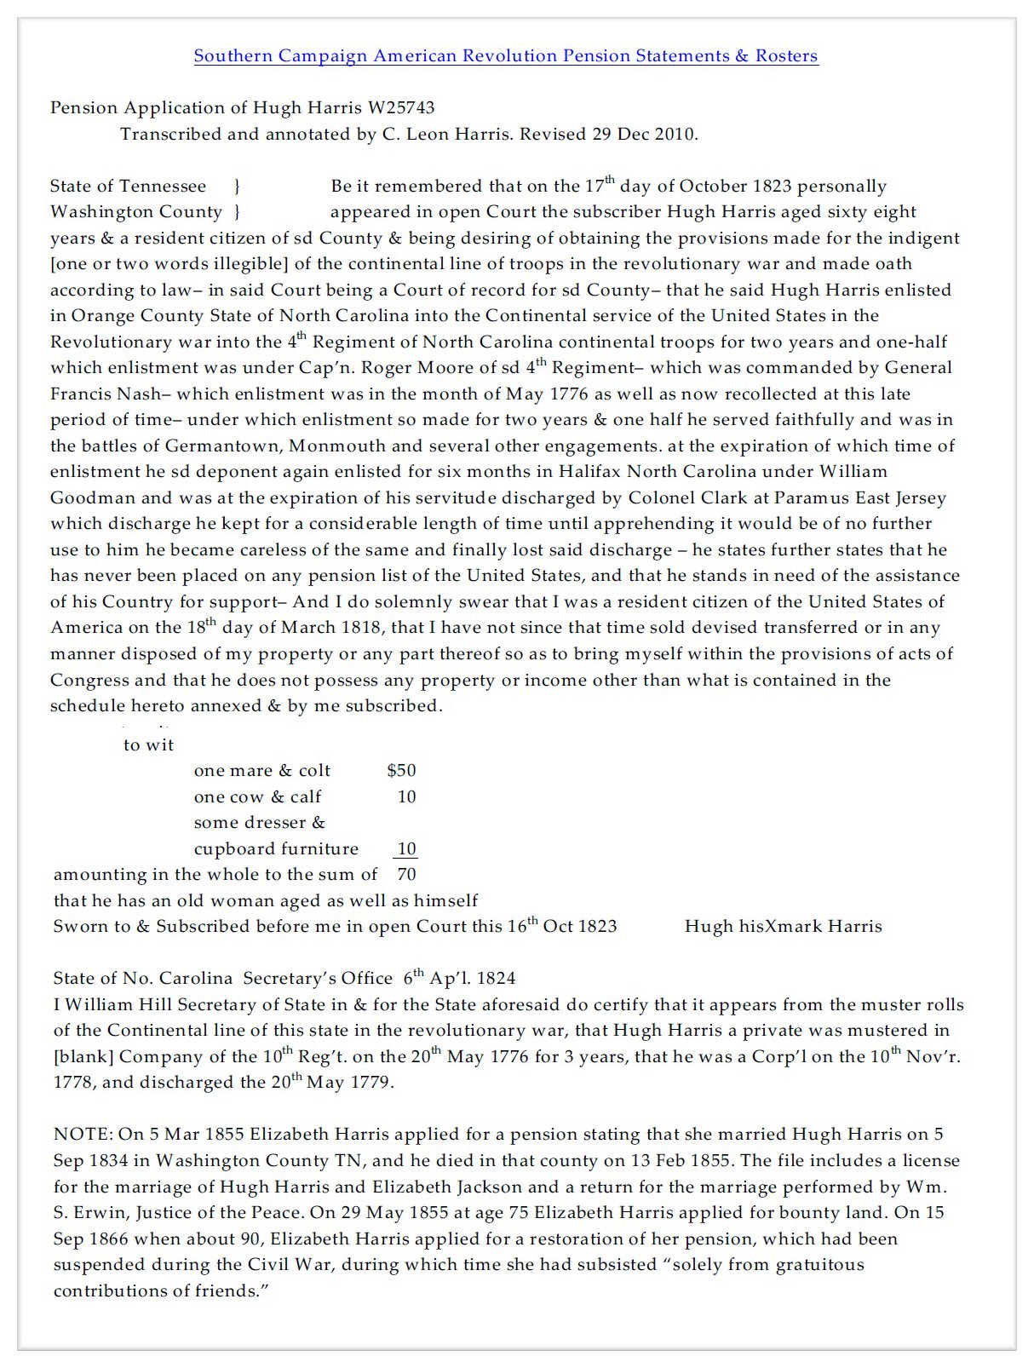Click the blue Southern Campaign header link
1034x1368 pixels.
coord(506,56)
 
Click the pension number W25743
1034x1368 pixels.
coord(400,108)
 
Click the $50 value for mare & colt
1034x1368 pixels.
coord(401,771)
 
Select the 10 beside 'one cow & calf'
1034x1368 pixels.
coord(406,797)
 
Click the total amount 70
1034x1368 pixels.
coord(406,875)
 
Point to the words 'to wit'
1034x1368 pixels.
coord(148,745)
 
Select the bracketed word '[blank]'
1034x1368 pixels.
coord(83,1057)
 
